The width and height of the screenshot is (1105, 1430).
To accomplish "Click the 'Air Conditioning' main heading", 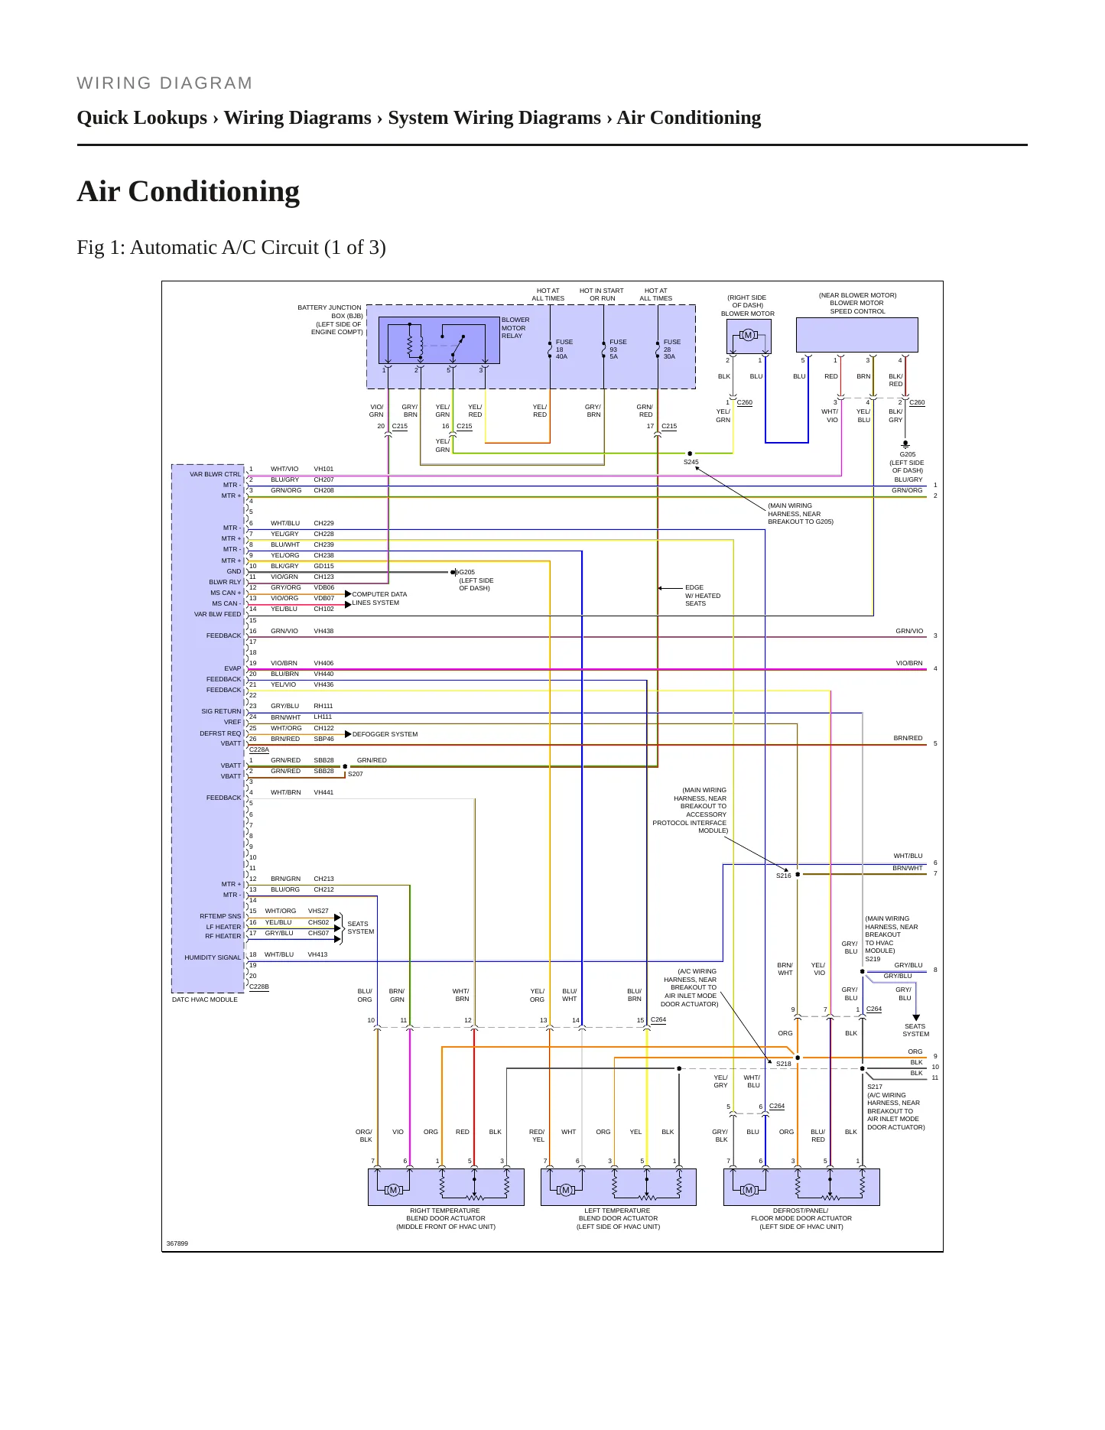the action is point(188,191).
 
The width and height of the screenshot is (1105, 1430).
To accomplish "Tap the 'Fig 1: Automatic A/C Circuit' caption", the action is point(231,248).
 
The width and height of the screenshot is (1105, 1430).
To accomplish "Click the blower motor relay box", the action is point(439,340).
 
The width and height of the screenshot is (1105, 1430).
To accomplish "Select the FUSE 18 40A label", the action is point(564,349).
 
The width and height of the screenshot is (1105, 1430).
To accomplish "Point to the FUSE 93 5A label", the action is point(618,349).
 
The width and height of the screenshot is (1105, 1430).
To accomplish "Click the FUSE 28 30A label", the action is point(672,349).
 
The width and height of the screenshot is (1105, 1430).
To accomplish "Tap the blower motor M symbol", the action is point(748,335).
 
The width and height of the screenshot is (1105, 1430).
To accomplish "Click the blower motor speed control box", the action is point(856,335).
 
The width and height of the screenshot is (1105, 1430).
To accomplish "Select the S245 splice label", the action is point(691,462).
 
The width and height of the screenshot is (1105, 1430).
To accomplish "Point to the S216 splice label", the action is point(783,876).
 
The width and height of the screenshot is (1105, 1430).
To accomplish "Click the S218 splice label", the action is point(783,1064).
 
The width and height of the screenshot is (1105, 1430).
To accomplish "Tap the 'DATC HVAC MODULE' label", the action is point(204,999).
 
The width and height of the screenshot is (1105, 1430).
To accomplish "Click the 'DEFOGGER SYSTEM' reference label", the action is point(385,734).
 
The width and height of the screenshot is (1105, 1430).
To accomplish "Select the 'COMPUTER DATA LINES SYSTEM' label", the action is point(379,598).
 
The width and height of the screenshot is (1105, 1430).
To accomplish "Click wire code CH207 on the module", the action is point(323,479).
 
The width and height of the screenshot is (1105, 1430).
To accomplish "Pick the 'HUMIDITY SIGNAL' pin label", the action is point(213,957).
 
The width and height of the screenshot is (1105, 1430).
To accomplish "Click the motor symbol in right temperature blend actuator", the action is point(394,1190).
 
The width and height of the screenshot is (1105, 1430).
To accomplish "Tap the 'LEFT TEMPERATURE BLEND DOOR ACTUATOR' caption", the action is point(618,1218).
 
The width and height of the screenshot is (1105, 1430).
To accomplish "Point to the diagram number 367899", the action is point(177,1243).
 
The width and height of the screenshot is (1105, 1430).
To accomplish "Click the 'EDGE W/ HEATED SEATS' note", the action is point(702,596).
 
